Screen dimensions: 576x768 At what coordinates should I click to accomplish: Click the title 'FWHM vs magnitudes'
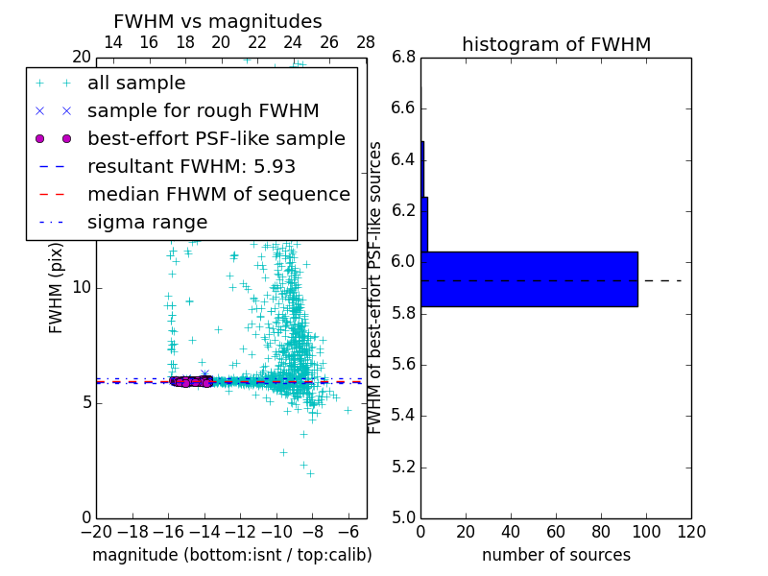click(218, 21)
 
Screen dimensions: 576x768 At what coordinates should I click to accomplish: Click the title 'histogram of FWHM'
click(556, 44)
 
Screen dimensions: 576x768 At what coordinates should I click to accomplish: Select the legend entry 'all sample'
click(136, 84)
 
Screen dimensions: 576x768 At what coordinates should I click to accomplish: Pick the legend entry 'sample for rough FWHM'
click(204, 110)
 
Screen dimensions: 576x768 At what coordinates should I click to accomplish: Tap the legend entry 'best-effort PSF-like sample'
click(216, 138)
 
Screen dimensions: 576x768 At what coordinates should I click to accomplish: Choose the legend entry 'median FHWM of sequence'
click(218, 194)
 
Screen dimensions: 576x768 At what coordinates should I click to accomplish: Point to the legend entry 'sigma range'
click(147, 222)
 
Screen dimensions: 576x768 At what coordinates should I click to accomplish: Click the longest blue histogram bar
click(529, 279)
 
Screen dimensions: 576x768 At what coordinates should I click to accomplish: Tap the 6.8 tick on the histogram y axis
click(403, 57)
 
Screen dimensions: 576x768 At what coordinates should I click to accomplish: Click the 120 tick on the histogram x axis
click(690, 530)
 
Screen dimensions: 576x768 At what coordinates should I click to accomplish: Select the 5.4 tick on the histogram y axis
click(403, 415)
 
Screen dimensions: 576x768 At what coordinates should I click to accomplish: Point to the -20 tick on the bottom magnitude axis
click(96, 530)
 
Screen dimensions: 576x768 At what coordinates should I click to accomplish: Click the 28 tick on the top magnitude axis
click(366, 42)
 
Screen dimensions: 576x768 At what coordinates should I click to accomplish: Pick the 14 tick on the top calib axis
click(112, 42)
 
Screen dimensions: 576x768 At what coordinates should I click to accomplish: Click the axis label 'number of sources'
click(556, 555)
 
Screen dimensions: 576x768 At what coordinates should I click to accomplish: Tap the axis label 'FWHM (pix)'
click(57, 287)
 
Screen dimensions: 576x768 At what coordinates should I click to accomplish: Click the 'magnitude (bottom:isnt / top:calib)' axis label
click(231, 555)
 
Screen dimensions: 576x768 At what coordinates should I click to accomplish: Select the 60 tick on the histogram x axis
click(556, 530)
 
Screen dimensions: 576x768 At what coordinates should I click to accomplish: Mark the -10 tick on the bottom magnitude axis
click(276, 530)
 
